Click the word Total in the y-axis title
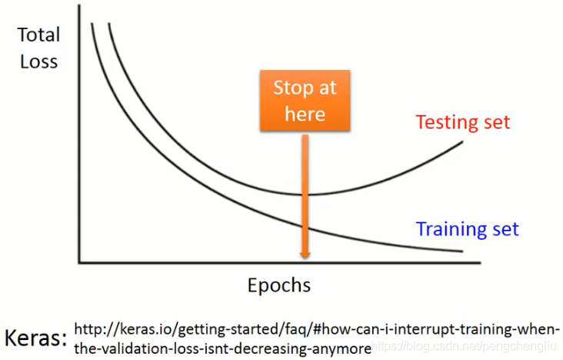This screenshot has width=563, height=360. coord(38,35)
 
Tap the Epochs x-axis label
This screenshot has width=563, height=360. coord(279,285)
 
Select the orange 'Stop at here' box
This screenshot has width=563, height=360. coord(305,101)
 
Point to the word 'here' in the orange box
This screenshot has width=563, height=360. coord(305,115)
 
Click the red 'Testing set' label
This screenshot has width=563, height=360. coord(463,122)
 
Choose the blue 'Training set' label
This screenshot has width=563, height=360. coord(467,228)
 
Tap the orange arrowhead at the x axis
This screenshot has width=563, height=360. coord(305,255)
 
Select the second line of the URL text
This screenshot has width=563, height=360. coord(223,348)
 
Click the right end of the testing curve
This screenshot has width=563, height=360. coord(463,142)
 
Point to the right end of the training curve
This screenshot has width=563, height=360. coord(463,251)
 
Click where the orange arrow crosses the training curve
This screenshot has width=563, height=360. coord(305,226)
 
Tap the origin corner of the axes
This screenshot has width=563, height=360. coord(79,262)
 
